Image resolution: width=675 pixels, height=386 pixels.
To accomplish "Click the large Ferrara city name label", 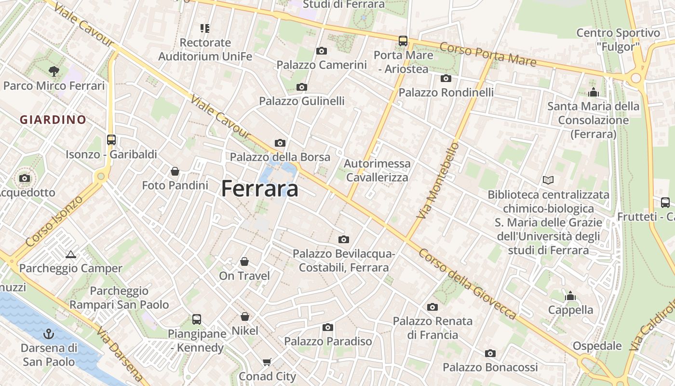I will [259, 189].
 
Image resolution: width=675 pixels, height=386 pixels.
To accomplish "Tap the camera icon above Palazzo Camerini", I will [322, 51].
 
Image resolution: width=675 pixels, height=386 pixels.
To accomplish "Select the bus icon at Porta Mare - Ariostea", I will [403, 41].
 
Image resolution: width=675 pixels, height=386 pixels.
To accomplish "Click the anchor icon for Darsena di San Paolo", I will [49, 333].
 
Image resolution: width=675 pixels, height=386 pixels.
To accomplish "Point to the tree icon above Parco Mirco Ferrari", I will [54, 71].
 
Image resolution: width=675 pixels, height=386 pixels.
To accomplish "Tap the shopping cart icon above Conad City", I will [267, 362].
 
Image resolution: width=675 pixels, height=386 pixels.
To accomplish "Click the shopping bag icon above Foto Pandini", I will [175, 171].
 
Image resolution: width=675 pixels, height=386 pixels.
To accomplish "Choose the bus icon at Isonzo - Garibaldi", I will [111, 140].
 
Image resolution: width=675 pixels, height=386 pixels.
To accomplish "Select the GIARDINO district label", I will [53, 120].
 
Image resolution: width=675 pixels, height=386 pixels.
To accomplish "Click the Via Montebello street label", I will [437, 180].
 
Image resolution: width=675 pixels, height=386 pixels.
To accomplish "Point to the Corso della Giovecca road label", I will [467, 284].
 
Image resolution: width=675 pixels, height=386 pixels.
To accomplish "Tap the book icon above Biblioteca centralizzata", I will [548, 180].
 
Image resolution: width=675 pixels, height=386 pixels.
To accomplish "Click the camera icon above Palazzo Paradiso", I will [328, 328].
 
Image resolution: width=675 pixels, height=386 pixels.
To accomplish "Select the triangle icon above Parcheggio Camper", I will [71, 254].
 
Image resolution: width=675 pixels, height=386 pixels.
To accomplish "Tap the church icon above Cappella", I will [571, 296].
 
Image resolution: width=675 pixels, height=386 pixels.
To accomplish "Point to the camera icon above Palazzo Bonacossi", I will [490, 354].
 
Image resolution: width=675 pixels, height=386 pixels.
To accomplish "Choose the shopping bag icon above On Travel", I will [244, 262].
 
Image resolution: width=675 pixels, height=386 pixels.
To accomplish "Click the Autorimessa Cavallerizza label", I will [377, 170].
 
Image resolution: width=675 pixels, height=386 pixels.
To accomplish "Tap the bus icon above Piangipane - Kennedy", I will [197, 319].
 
